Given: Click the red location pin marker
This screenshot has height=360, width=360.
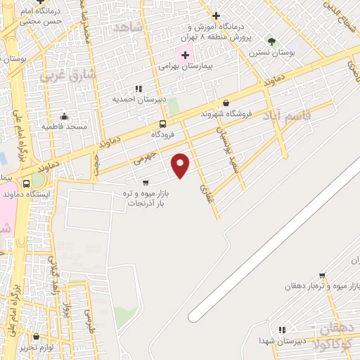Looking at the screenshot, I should point(181,164).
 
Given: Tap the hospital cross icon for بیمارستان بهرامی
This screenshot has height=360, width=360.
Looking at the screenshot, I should point(185,54).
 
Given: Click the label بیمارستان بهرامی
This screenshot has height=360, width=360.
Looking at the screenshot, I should point(185,65).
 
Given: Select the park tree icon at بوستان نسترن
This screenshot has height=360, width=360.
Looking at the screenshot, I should point(272,41).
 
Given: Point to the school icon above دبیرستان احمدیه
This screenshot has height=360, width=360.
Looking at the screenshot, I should point(139,89).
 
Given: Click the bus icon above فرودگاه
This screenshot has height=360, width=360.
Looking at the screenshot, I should point(163,124).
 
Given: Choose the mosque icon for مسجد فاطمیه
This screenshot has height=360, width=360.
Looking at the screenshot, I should point(65,116).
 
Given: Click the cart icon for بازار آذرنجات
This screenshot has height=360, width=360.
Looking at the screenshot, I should point(146,181).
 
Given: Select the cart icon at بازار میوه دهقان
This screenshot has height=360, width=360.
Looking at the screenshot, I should point(322,276).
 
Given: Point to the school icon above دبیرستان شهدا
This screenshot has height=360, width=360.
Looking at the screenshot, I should point(282,329).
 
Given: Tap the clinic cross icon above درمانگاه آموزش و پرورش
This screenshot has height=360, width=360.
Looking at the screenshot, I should point(216,15).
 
